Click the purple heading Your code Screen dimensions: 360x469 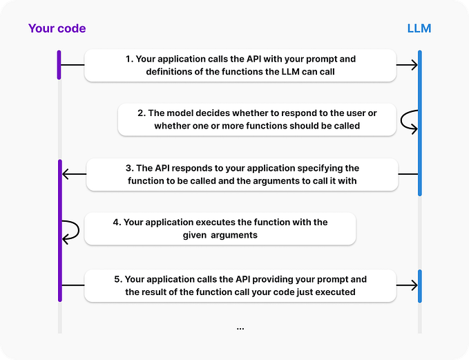point(57,28)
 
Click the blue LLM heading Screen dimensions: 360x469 point(420,28)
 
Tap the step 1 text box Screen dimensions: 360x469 point(240,65)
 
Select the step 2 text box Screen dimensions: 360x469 point(256,119)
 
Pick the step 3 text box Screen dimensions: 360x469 point(242,174)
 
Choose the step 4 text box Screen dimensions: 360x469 point(220,229)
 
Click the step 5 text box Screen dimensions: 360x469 point(240,285)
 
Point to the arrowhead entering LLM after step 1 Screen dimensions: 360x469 point(413,65)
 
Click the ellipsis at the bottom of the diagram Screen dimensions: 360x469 point(240,328)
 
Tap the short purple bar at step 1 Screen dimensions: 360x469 point(59,65)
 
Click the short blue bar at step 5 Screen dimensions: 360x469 point(419,285)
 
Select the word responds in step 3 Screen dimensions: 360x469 point(178,168)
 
